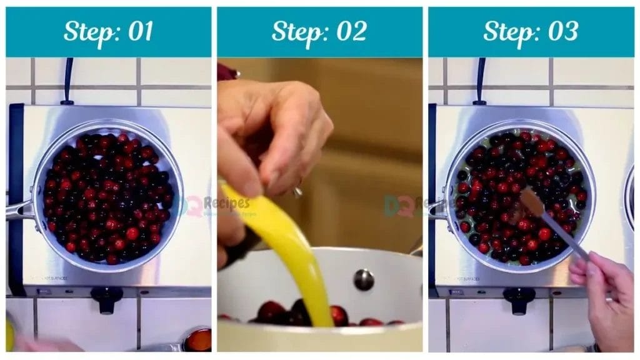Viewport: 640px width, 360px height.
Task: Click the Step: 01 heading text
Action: coord(108,31)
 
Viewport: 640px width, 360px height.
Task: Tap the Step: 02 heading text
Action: coord(319,31)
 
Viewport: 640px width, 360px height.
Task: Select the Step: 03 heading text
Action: coord(530,31)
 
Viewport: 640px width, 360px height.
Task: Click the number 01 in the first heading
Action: coord(139,31)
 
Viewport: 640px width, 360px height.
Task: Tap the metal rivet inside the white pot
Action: coord(364,279)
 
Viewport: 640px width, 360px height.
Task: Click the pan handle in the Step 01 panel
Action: coord(19,210)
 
